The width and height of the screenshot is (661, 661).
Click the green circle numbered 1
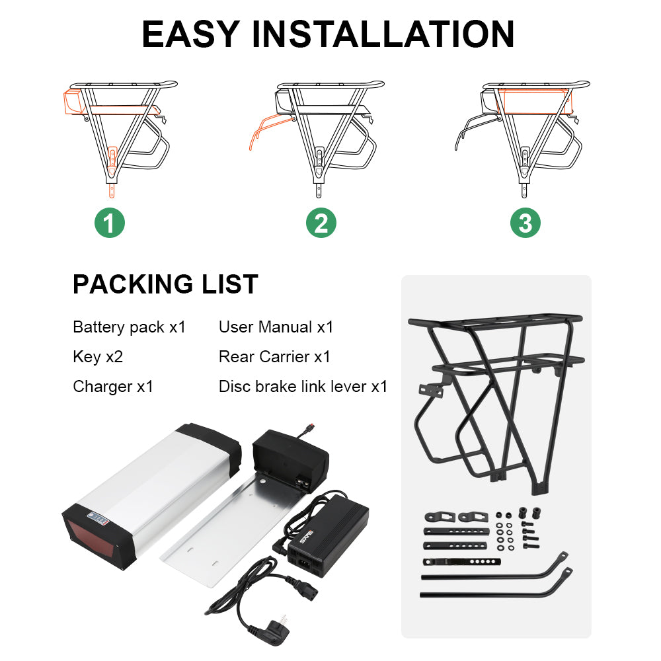pos(110,223)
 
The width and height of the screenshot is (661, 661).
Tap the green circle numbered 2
pos(321,223)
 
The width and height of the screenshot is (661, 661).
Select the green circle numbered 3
pos(525,223)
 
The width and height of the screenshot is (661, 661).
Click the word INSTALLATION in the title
pos(383,34)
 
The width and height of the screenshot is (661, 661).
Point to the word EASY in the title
pos(191,34)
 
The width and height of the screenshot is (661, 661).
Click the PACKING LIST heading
pos(165,284)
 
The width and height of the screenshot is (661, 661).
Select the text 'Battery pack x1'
pos(129,327)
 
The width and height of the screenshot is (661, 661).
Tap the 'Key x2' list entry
pos(98,357)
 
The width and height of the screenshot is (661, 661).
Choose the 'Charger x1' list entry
pos(113,387)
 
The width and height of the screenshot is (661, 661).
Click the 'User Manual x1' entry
pos(276,327)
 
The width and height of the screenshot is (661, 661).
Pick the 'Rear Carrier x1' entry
pos(274,357)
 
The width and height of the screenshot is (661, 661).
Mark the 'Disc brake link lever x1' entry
pos(303,387)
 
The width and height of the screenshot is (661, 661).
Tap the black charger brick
pos(329,535)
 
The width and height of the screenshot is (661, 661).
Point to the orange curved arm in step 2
pos(270,130)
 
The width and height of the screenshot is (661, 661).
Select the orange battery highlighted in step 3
pos(533,101)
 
